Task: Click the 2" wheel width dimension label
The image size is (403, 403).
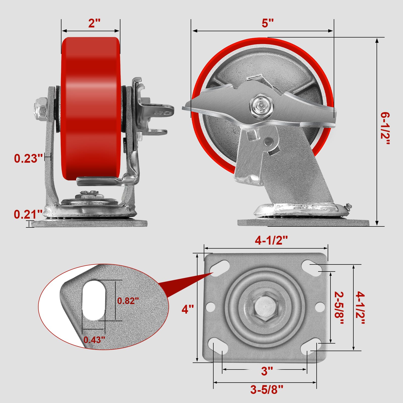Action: click(94, 23)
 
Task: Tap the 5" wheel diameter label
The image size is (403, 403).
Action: click(267, 23)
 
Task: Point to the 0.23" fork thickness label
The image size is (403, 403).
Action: click(28, 158)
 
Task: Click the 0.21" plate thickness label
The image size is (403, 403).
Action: click(28, 214)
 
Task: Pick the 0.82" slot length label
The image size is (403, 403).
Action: click(128, 301)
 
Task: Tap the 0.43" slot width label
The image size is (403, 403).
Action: click(94, 340)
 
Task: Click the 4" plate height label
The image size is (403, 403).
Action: click(188, 309)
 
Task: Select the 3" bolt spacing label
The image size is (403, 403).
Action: click(267, 371)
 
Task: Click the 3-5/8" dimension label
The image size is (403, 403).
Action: click(267, 389)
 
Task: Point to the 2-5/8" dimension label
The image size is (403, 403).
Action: click(339, 308)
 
